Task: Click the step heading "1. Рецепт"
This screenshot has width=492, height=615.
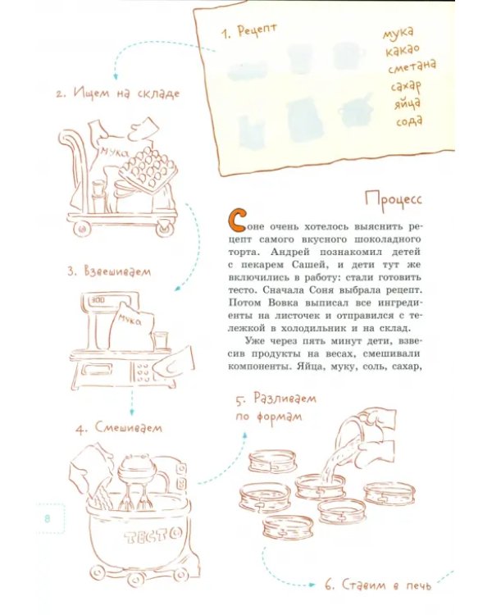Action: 249,30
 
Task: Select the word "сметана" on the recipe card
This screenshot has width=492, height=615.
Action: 412,66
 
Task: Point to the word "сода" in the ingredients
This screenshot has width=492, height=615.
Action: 409,121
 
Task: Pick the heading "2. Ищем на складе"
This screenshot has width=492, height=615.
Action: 118,93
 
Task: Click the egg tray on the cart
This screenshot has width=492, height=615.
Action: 147,171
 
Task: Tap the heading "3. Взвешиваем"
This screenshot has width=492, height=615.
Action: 109,271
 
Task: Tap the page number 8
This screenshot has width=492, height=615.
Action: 48,518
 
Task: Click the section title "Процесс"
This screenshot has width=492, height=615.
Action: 394,199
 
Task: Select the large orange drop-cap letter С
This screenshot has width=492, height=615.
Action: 236,221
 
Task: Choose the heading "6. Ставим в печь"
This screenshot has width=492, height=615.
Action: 378,585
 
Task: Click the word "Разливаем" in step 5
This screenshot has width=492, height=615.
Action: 285,399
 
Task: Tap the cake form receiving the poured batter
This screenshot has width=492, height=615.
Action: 321,485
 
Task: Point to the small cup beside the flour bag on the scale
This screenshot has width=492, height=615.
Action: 161,340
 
